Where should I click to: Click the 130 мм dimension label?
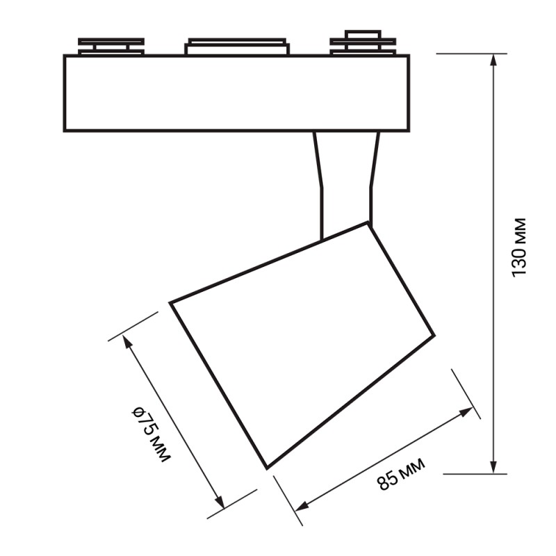(x=518, y=247)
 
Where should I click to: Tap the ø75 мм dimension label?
(x=151, y=434)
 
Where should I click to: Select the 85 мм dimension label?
(x=401, y=475)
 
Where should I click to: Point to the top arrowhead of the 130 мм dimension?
(x=493, y=60)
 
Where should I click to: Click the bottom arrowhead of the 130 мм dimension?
(x=493, y=467)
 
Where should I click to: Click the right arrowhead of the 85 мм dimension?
(x=466, y=411)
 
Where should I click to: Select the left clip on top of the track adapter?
(x=111, y=47)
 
